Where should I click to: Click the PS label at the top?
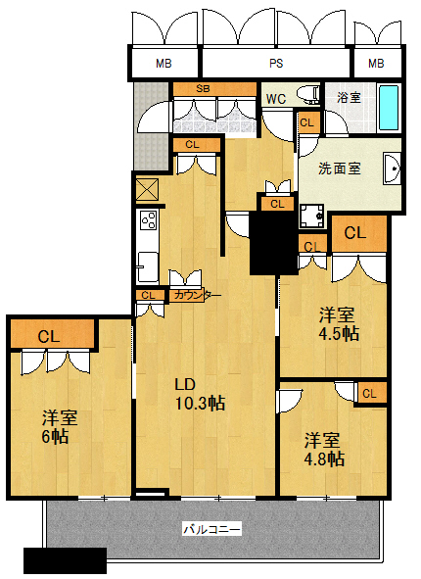click(x=276, y=64)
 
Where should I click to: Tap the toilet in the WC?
click(x=308, y=94)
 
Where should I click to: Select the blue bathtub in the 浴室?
click(x=389, y=108)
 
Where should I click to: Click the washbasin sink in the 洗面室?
click(x=392, y=169)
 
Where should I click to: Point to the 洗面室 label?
click(x=340, y=169)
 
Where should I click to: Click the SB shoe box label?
click(x=203, y=88)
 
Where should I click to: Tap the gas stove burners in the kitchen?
click(x=149, y=219)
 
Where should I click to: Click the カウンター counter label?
click(x=196, y=296)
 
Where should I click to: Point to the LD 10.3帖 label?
click(x=200, y=394)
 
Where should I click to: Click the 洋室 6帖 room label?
click(x=60, y=427)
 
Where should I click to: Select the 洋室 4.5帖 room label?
click(x=339, y=324)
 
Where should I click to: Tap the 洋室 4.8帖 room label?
click(x=324, y=450)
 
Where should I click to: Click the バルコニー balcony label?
click(x=212, y=529)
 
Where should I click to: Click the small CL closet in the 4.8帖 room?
click(x=370, y=393)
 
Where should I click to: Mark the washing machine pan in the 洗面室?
click(x=311, y=216)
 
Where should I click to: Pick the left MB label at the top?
click(x=164, y=64)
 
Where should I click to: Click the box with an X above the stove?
click(x=147, y=190)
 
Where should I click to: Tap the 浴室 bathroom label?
click(x=349, y=98)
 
